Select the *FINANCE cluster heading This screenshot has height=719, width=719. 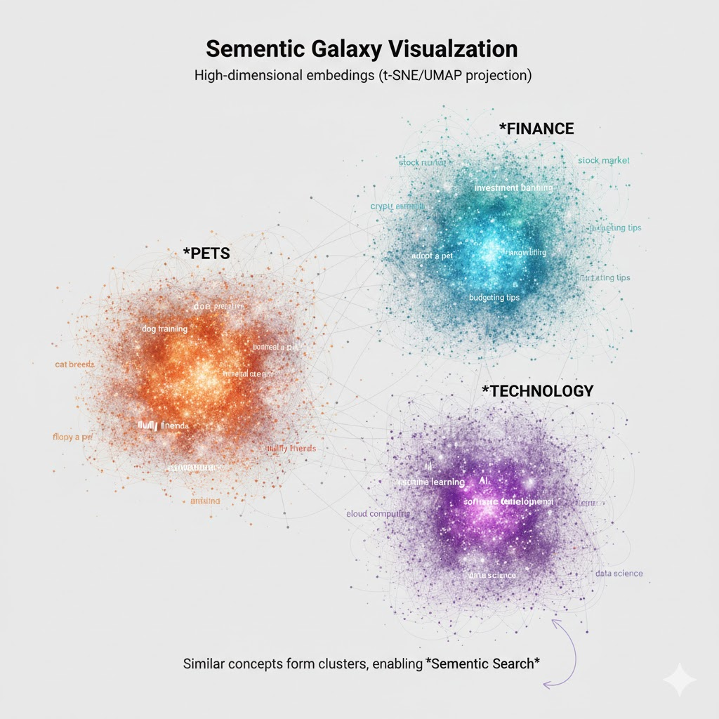pos(536,128)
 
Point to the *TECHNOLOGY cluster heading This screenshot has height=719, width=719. pos(537,391)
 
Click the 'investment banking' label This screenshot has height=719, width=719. pos(513,188)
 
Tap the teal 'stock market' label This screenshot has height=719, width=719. pos(604,161)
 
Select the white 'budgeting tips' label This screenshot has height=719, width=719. pos(494,298)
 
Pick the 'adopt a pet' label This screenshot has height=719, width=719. pos(432,256)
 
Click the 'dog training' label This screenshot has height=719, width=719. pos(164,328)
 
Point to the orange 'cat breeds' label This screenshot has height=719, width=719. pos(74,365)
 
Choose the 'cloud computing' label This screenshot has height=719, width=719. pos(378,514)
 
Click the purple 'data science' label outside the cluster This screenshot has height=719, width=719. pos(619,574)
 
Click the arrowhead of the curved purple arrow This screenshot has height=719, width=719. pos(555,621)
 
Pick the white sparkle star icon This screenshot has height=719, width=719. pos(679,680)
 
